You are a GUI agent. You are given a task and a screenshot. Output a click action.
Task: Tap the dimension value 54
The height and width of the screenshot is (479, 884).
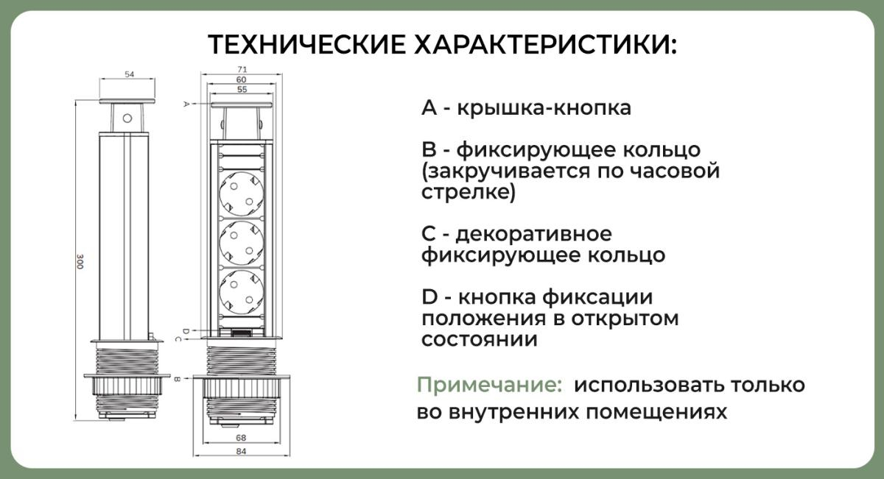[129, 74]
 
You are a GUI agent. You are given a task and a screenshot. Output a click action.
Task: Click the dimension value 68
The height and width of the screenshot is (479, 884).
[241, 438]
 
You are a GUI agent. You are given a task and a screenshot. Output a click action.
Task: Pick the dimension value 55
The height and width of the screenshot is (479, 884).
[242, 89]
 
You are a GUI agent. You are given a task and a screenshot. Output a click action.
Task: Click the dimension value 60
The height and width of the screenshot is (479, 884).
[242, 79]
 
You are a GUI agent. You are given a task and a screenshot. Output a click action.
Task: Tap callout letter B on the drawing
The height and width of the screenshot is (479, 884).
[178, 380]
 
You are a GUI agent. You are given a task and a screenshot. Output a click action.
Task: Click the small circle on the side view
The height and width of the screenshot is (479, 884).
[127, 118]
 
